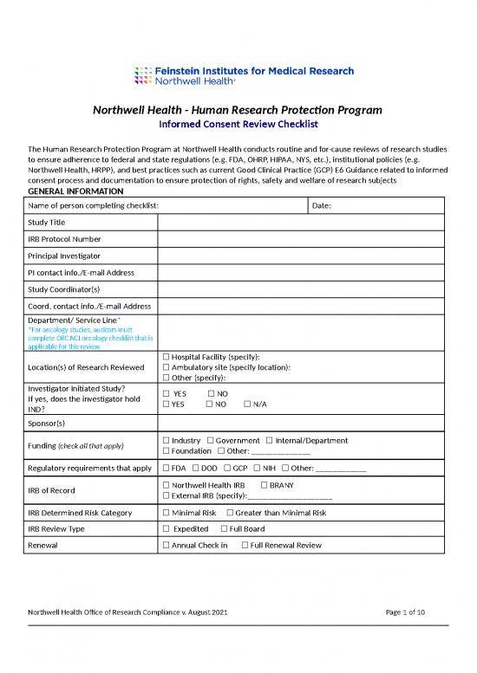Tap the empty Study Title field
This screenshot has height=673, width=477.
point(300,223)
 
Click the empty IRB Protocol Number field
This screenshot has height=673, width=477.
point(300,239)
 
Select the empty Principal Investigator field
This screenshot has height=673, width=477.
point(300,256)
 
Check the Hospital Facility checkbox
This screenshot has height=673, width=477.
point(167,357)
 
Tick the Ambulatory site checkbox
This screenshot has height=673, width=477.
point(167,367)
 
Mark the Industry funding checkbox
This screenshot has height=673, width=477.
point(167,441)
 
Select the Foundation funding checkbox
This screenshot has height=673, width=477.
point(167,451)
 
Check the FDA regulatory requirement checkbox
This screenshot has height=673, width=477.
point(167,469)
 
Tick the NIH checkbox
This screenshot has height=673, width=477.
point(257,469)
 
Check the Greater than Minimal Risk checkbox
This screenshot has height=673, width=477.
point(230,513)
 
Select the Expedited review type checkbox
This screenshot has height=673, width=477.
point(167,528)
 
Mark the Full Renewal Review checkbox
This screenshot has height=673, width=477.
point(245,545)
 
